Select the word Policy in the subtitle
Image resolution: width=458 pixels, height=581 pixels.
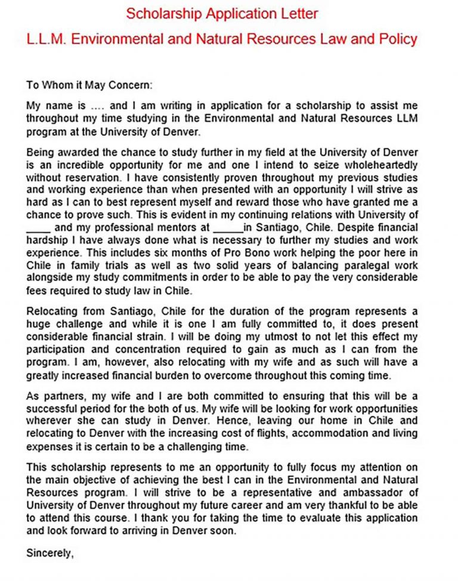point(398,39)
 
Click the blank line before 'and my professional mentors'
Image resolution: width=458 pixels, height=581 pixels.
point(39,227)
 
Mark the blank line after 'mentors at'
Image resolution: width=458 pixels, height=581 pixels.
point(227,227)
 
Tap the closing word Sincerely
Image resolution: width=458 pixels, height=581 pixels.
point(49,553)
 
